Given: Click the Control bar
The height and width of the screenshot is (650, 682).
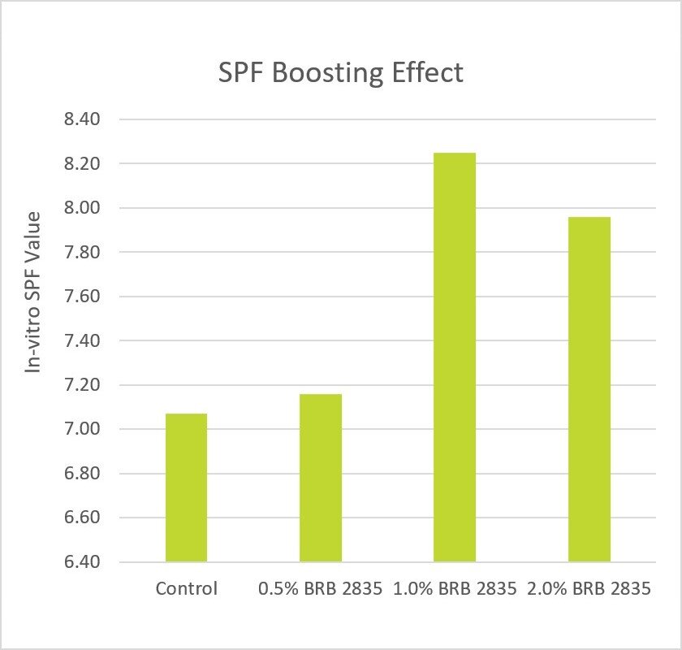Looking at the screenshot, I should tap(186, 487).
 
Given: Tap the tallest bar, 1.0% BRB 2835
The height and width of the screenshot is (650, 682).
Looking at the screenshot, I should tap(455, 357).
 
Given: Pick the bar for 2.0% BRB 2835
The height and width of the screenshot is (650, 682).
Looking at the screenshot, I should tap(589, 389).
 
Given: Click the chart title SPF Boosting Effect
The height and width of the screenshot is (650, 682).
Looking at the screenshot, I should tap(341, 72).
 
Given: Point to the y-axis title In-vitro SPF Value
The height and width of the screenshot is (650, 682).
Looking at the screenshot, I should tap(33, 292).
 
